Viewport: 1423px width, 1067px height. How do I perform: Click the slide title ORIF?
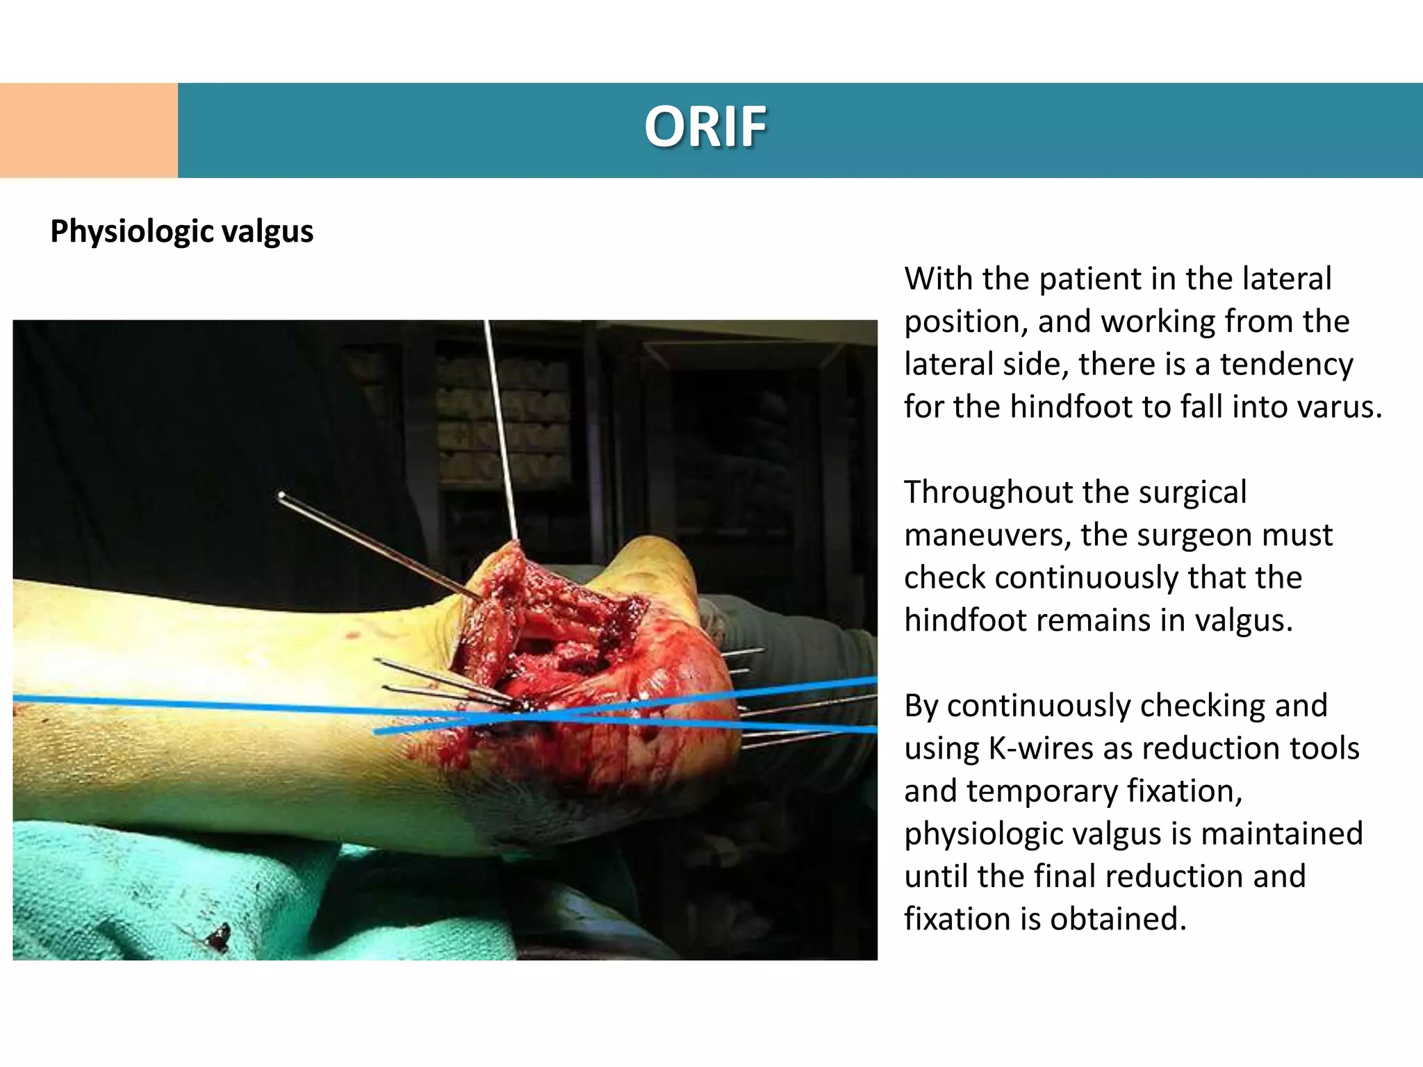tap(705, 127)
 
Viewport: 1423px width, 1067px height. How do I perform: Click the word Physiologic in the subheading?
tap(130, 231)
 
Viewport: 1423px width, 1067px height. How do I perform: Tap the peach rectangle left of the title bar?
tap(88, 131)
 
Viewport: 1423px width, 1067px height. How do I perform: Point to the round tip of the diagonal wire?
tap(281, 496)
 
